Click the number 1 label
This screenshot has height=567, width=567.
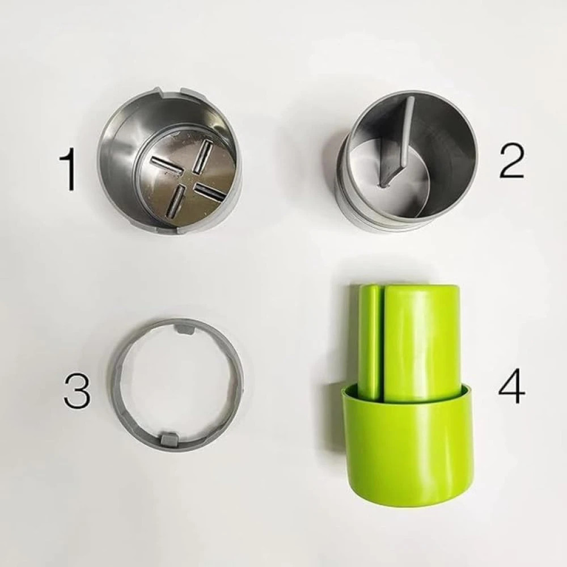(x=69, y=169)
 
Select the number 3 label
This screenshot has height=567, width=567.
(x=77, y=391)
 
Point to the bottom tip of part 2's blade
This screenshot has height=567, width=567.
(x=383, y=183)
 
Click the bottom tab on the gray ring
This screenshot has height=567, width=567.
(x=169, y=437)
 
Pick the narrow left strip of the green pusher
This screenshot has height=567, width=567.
(x=369, y=340)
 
